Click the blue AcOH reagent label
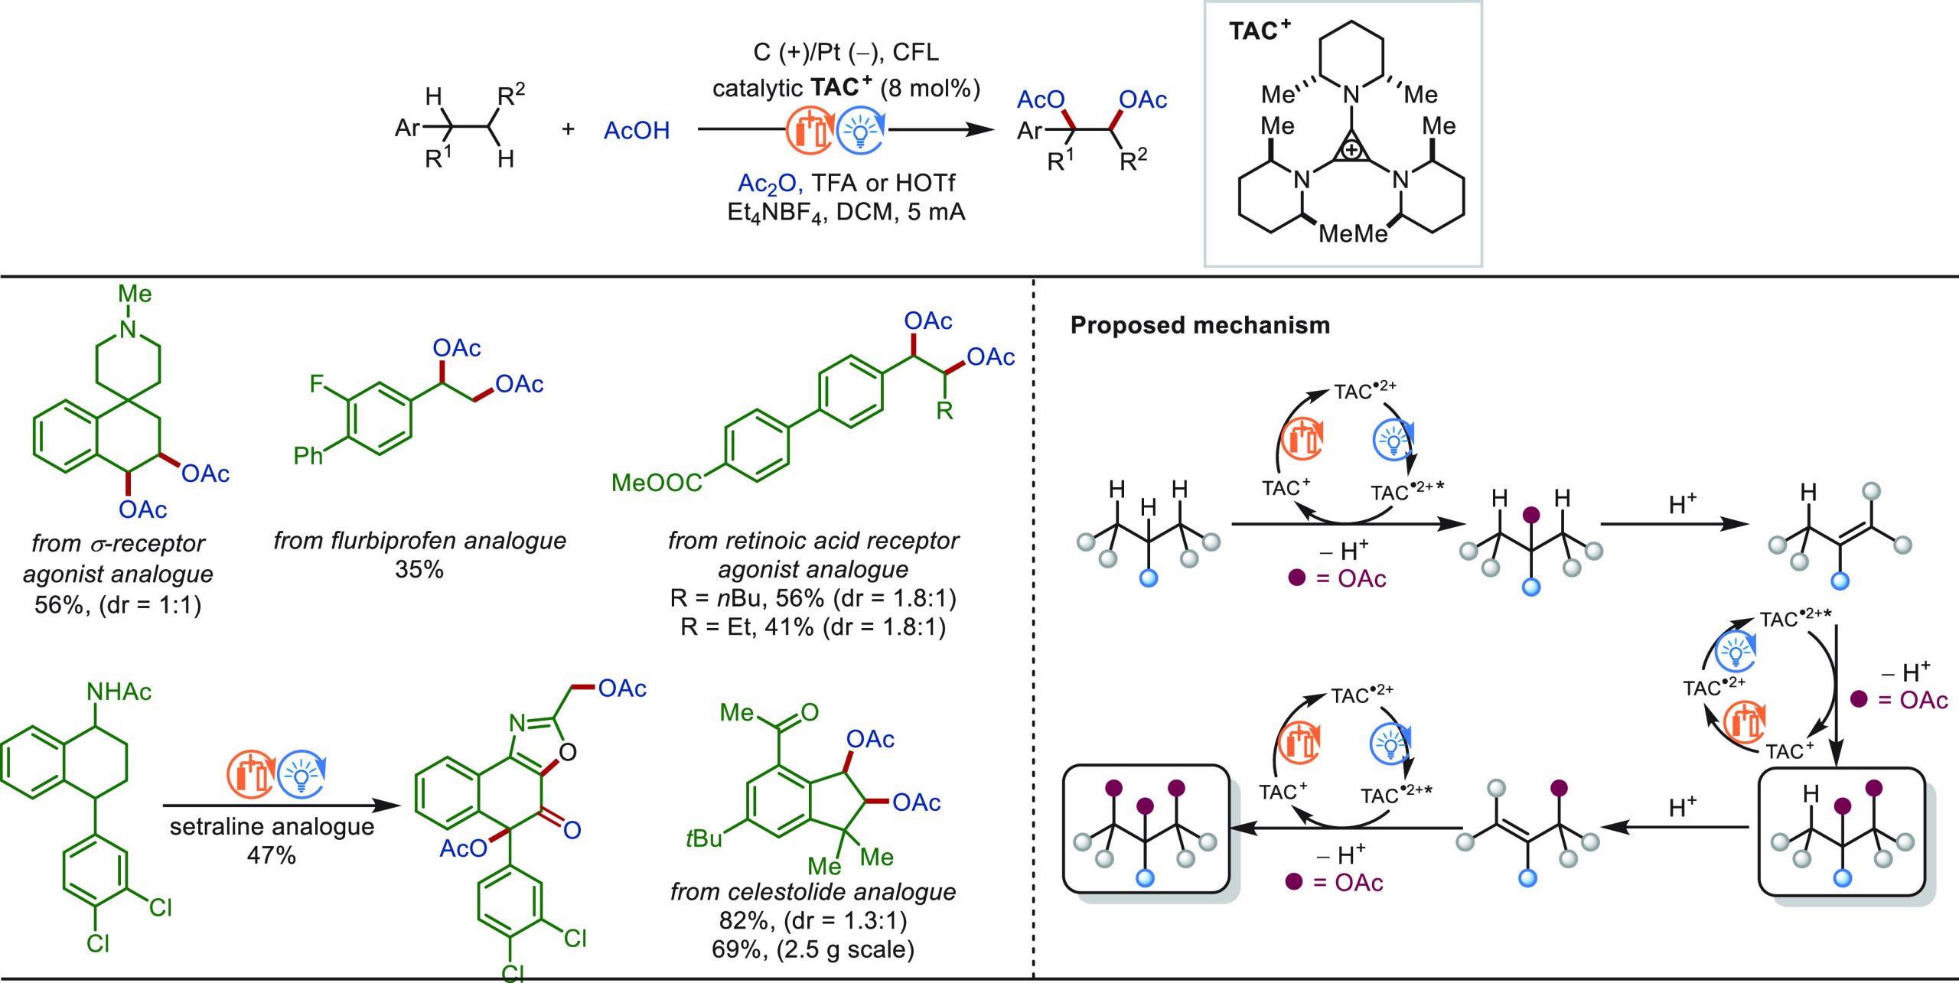636,131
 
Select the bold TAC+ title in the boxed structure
1259,31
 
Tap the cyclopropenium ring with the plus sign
1351,150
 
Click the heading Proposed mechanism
1199,325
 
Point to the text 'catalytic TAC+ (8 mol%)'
846,89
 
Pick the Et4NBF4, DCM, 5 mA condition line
846,212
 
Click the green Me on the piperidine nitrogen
135,294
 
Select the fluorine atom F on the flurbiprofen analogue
317,383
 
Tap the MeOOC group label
657,483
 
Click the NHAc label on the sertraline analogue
119,692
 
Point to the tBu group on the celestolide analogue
703,838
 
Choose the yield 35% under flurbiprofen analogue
419,570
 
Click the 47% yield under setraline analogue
271,855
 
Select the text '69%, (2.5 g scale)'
813,949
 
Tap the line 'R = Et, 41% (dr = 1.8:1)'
813,627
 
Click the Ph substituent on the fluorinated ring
308,456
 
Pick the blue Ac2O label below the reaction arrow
768,184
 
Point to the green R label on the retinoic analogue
944,411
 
